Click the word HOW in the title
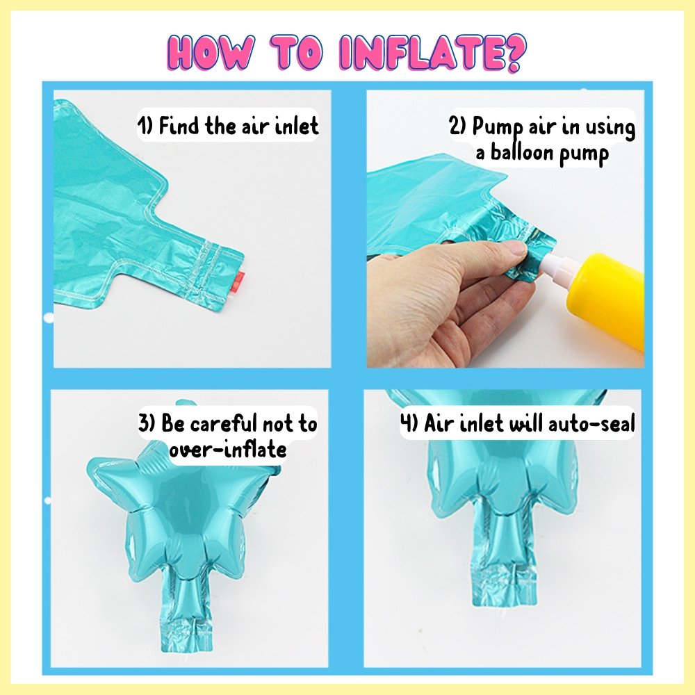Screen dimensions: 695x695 tap(211, 54)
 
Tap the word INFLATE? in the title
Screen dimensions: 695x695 tap(432, 54)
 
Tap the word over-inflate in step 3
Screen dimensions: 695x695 tap(228, 450)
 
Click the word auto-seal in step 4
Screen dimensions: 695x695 tap(591, 423)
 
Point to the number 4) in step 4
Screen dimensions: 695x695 tap(409, 423)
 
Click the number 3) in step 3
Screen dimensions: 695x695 tap(147, 423)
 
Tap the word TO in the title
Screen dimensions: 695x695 tap(300, 54)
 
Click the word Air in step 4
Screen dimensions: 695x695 tap(439, 423)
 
